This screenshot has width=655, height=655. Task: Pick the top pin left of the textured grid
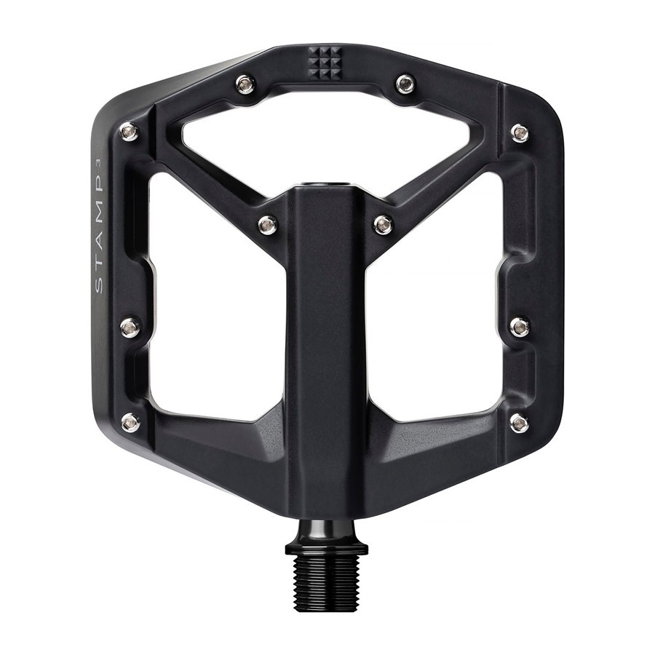point(246,84)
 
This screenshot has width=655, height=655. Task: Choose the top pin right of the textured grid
point(405,84)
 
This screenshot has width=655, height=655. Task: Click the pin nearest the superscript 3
point(130,132)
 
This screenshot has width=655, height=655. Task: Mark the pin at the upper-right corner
point(520,132)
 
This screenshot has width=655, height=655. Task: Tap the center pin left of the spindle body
point(268,225)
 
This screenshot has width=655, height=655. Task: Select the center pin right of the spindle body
point(384,225)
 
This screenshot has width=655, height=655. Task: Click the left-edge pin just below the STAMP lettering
point(130,327)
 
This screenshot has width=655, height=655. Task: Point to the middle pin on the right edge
point(520,327)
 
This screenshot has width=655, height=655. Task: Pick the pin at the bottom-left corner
point(130,422)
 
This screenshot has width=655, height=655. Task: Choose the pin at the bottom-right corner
point(520,422)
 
